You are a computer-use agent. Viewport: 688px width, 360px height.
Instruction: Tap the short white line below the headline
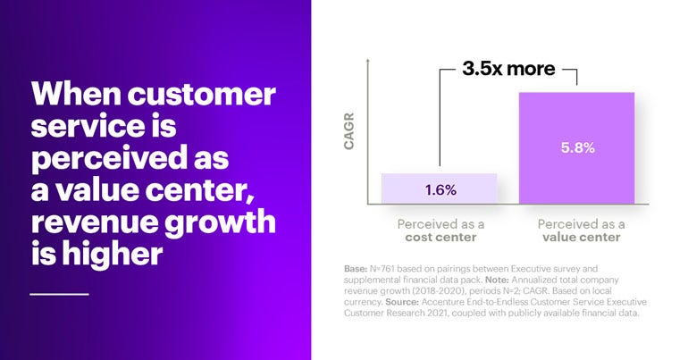[59, 292]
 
